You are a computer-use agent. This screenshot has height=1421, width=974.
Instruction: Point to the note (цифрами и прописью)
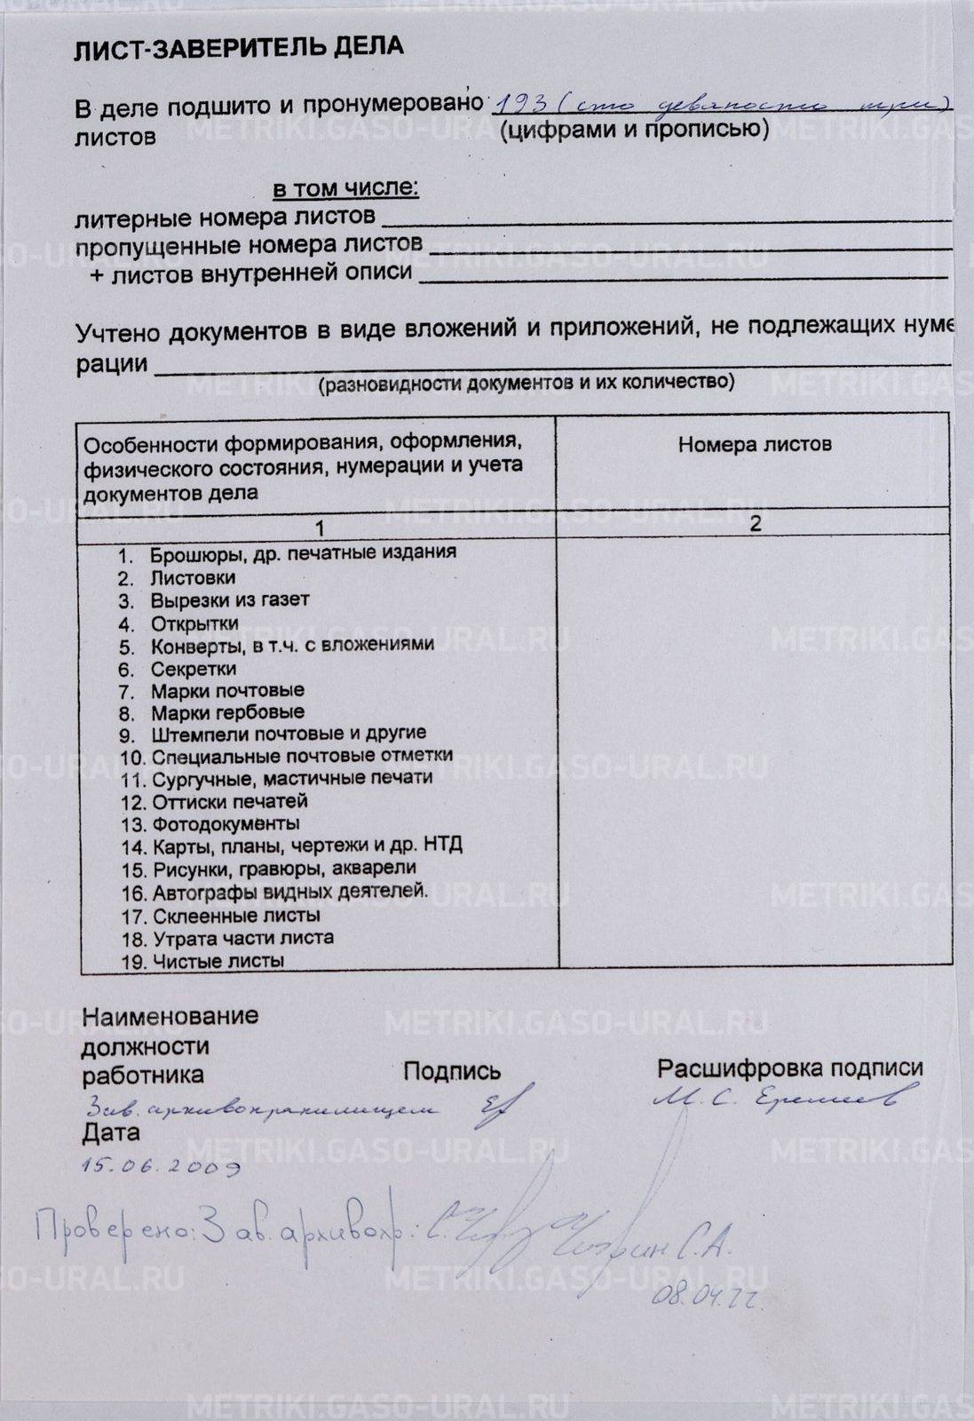(634, 131)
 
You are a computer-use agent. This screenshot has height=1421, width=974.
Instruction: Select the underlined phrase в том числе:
(345, 188)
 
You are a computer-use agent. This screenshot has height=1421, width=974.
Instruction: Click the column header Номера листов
(754, 444)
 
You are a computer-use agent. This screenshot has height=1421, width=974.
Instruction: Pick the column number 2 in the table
(756, 523)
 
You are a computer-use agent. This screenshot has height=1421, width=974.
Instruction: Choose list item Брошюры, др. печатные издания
(302, 552)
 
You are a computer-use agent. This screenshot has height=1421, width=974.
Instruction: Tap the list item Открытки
(194, 623)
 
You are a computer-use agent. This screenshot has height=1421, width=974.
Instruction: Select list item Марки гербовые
(227, 712)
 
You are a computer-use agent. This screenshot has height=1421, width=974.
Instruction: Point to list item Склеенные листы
(236, 916)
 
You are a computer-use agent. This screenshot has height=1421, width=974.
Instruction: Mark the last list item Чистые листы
(218, 961)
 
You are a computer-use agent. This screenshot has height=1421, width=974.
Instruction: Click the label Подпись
(452, 1072)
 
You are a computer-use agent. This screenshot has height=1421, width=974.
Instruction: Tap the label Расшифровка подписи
(789, 1068)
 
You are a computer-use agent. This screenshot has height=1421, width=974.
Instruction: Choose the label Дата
(111, 1133)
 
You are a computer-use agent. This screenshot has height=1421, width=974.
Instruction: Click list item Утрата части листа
(242, 938)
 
